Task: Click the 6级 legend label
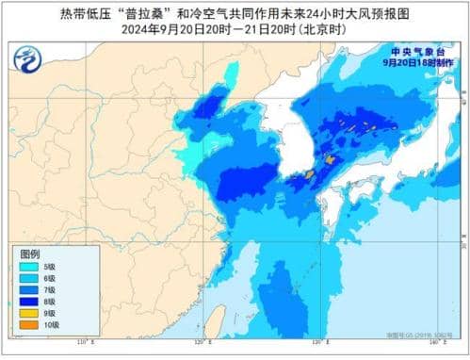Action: [49, 279]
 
